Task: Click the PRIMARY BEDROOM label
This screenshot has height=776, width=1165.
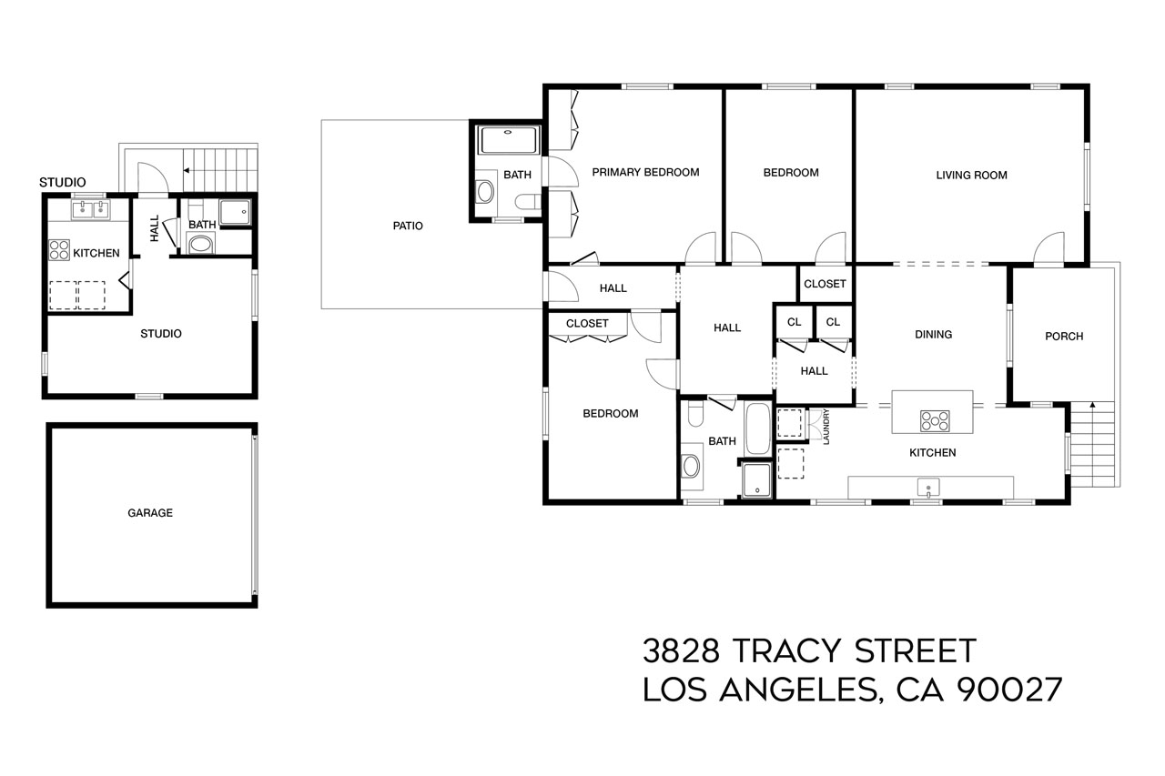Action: click(645, 172)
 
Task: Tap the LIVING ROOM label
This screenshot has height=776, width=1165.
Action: click(971, 176)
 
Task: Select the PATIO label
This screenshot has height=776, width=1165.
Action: click(408, 226)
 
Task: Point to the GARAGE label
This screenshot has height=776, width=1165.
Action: click(150, 513)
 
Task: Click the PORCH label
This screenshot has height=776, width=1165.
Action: click(1064, 337)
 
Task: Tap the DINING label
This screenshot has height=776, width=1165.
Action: click(933, 335)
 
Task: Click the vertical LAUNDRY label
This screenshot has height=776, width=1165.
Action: click(826, 427)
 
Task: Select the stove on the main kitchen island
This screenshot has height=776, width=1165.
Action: click(935, 420)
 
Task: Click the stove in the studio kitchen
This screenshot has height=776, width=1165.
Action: click(59, 249)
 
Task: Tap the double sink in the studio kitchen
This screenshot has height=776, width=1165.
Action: click(91, 211)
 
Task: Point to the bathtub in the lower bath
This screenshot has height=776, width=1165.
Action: click(757, 429)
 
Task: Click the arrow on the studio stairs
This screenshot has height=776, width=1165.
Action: click(187, 169)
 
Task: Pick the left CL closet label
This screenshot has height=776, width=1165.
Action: click(794, 322)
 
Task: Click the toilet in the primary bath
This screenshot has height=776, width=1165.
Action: click(526, 202)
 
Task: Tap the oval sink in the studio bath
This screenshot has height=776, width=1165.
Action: click(200, 244)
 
